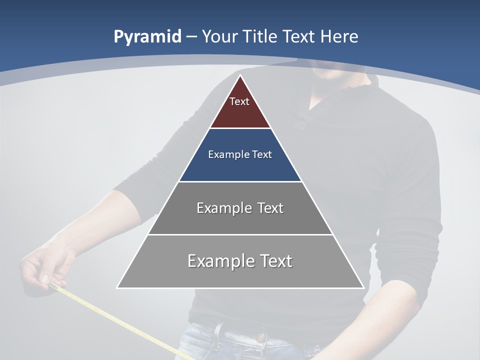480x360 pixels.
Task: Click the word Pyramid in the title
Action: pyautogui.click(x=147, y=37)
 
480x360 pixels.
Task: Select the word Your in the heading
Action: pyautogui.click(x=219, y=36)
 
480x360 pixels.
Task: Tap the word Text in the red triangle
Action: pyautogui.click(x=239, y=101)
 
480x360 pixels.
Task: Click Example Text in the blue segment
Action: pyautogui.click(x=240, y=154)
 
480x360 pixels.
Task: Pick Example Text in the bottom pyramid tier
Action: pyautogui.click(x=240, y=261)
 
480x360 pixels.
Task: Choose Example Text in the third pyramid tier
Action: pyautogui.click(x=240, y=208)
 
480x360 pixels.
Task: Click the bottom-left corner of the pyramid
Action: pyautogui.click(x=118, y=287)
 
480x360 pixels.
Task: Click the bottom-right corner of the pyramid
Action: pyautogui.click(x=363, y=287)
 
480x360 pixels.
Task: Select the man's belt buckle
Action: pyautogui.click(x=260, y=334)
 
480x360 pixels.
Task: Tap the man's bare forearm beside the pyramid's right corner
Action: pyautogui.click(x=395, y=300)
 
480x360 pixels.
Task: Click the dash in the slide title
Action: pyautogui.click(x=191, y=37)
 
